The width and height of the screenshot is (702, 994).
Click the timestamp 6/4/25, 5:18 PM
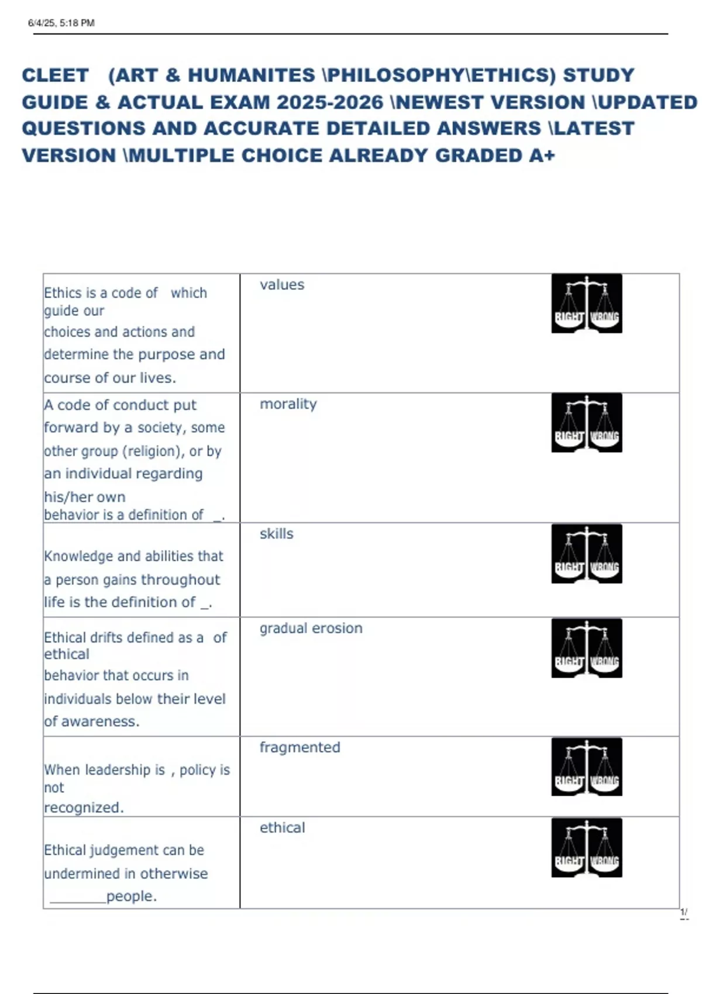61,23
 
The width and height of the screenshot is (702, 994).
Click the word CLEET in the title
55,75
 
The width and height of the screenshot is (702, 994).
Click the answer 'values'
282,285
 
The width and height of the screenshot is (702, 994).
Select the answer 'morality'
288,404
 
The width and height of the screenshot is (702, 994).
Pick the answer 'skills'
276,534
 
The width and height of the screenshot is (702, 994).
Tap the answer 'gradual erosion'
311,628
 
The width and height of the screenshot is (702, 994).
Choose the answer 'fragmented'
300,747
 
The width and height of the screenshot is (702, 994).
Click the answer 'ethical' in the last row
282,827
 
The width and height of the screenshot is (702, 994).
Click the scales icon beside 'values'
586,303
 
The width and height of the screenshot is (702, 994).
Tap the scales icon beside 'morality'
586,423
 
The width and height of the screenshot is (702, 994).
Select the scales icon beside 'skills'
586,553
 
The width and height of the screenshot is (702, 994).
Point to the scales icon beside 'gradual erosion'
586,648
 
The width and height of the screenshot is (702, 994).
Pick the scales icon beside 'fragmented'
586,767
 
